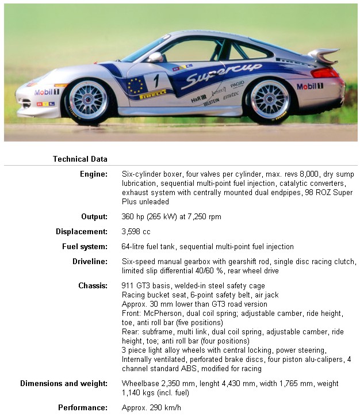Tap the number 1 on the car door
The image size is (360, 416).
156,80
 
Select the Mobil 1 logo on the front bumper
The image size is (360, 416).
47,92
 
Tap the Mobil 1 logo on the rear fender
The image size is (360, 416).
309,86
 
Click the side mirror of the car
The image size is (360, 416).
155,57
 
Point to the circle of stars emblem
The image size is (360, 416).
136,86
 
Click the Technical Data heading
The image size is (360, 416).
80,159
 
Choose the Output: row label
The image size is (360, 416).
94,217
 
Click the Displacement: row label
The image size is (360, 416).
82,232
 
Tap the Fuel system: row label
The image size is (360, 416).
85,247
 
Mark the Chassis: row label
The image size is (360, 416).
93,285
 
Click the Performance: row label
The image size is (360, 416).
83,407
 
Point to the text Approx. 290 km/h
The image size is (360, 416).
151,407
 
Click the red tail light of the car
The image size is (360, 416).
326,72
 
